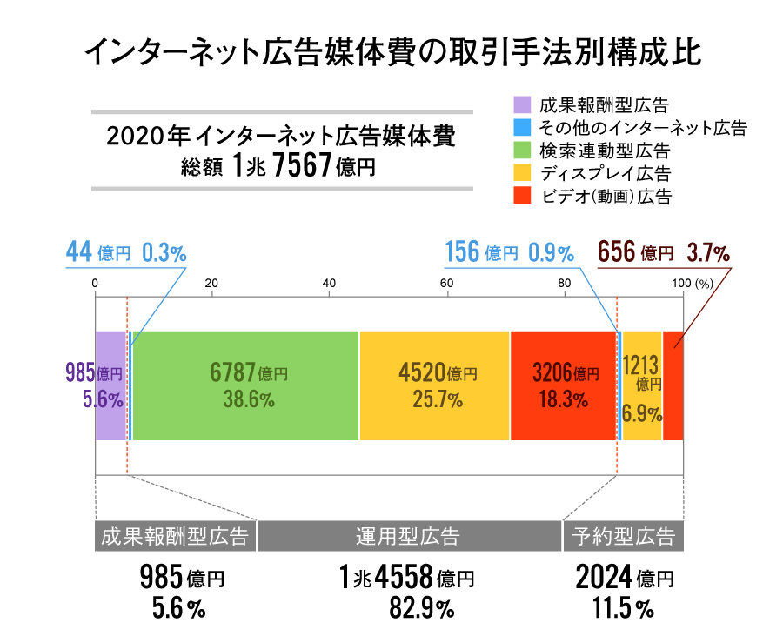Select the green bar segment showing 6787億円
246,385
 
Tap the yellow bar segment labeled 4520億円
434,385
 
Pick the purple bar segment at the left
110,385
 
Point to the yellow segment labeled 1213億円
642,385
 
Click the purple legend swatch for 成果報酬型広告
521,104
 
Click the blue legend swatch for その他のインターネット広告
521,127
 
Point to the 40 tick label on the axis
329,282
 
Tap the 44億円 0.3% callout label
126,253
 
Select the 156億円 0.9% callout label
509,253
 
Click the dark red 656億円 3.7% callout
663,253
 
